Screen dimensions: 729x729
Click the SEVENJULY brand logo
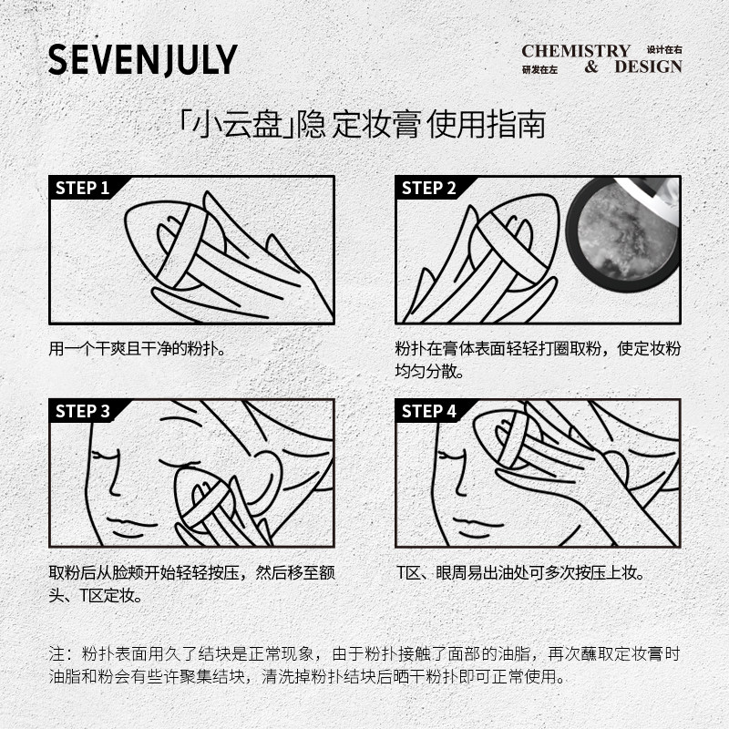pyautogui.click(x=142, y=59)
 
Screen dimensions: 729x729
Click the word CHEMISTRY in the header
pyautogui.click(x=576, y=51)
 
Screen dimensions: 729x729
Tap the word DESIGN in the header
pyautogui.click(x=647, y=67)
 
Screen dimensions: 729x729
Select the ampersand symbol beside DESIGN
pyautogui.click(x=591, y=67)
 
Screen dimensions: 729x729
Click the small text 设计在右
pyautogui.click(x=664, y=49)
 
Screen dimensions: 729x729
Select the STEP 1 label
pyautogui.click(x=83, y=189)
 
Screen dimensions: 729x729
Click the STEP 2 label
pyautogui.click(x=429, y=189)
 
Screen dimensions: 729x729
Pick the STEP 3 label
pyautogui.click(x=83, y=411)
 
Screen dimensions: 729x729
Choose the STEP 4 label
pyautogui.click(x=429, y=411)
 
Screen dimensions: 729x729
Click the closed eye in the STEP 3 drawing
pyautogui.click(x=110, y=453)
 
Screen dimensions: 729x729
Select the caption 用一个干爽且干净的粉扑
pyautogui.click(x=137, y=349)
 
